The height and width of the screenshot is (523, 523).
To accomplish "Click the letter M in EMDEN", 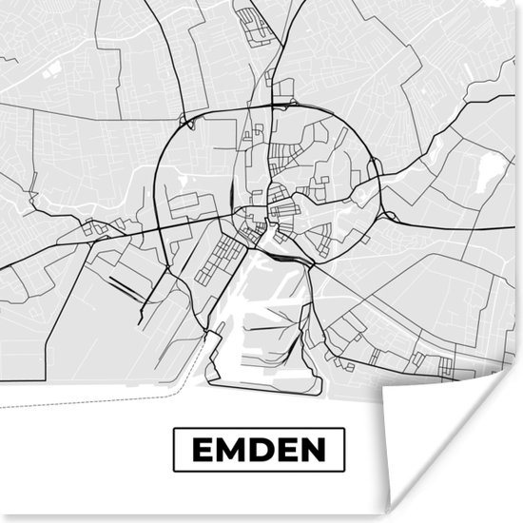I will click(227, 450).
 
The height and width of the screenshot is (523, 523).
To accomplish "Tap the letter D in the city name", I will click(257, 450).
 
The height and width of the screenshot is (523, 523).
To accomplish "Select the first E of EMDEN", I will click(203, 450).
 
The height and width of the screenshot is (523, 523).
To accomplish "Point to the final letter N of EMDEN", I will click(311, 450).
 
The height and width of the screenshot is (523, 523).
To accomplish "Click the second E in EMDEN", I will click(283, 450).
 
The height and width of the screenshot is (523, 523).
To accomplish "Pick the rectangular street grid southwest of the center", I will click(219, 257).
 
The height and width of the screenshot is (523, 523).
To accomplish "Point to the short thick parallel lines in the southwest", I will click(124, 285).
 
